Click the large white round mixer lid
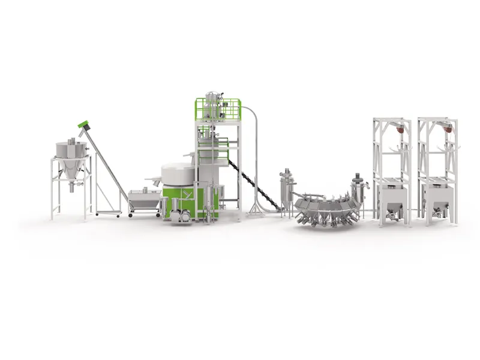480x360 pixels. point(178,173)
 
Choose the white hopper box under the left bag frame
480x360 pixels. point(392,196)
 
